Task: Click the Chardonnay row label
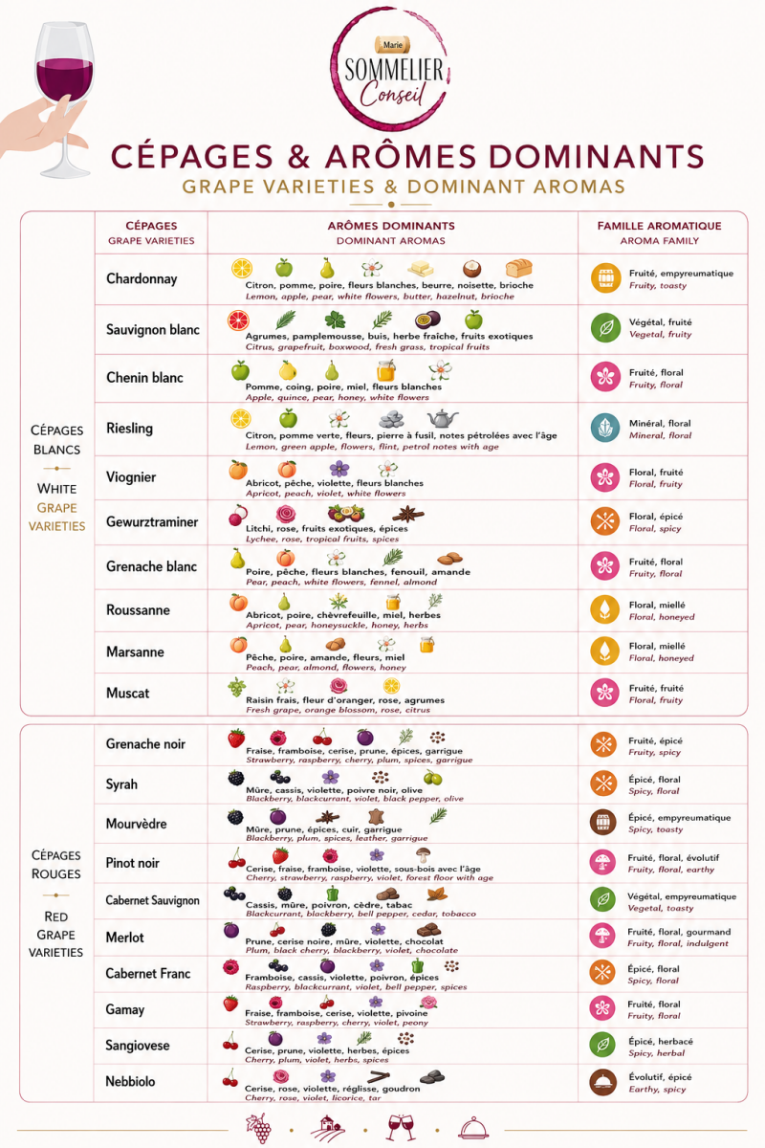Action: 142,278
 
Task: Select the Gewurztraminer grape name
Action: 152,521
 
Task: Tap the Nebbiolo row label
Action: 130,1081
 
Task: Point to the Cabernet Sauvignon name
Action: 152,900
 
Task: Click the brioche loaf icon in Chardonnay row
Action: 518,268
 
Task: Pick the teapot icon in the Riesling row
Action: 443,418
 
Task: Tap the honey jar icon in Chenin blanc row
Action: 385,370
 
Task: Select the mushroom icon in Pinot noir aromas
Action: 424,855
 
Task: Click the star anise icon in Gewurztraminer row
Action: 408,513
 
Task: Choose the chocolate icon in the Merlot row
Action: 428,930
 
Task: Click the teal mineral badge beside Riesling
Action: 605,428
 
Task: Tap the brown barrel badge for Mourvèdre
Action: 603,822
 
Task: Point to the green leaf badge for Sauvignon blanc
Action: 605,327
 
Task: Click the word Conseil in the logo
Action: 392,94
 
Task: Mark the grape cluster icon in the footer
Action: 259,1128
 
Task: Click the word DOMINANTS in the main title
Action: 597,156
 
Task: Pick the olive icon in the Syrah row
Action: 433,778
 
